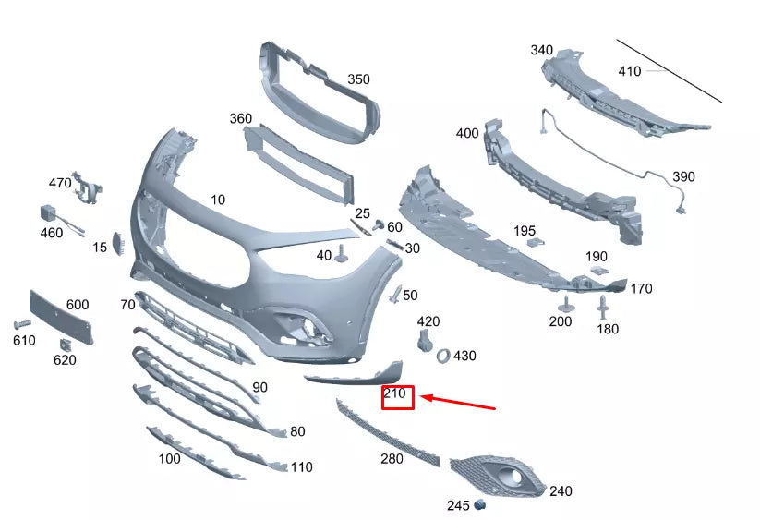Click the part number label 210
(395, 394)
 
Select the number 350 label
(358, 79)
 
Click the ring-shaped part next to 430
(443, 355)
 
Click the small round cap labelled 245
(479, 505)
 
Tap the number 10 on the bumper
(218, 200)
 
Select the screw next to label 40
(342, 253)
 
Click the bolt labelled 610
(22, 324)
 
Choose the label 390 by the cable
(683, 176)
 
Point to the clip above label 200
(563, 304)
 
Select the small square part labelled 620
(65, 345)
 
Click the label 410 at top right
(629, 71)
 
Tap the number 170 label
(641, 289)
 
